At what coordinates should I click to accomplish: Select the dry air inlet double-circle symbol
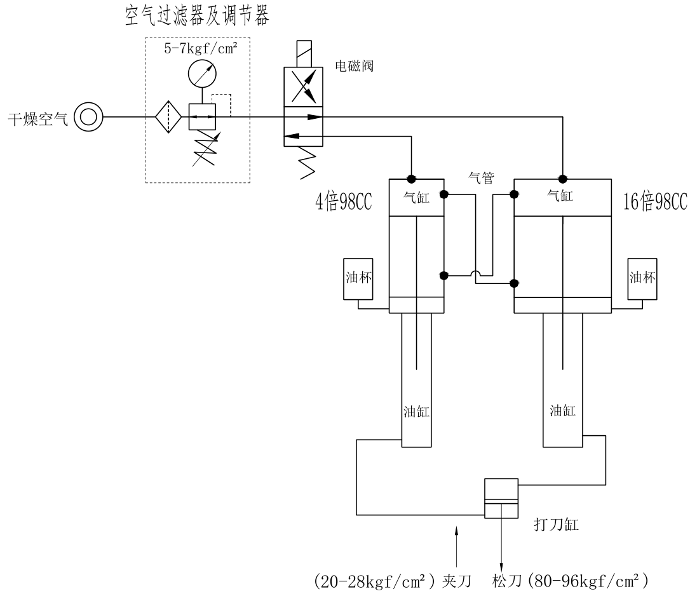[87, 117]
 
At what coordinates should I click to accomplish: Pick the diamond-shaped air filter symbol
[168, 117]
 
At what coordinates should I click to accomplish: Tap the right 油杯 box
[642, 278]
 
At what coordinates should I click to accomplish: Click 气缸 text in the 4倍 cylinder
[417, 197]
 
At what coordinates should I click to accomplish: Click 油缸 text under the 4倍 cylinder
[417, 411]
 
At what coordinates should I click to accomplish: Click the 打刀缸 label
[555, 525]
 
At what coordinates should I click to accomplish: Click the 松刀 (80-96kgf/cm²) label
[569, 580]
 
